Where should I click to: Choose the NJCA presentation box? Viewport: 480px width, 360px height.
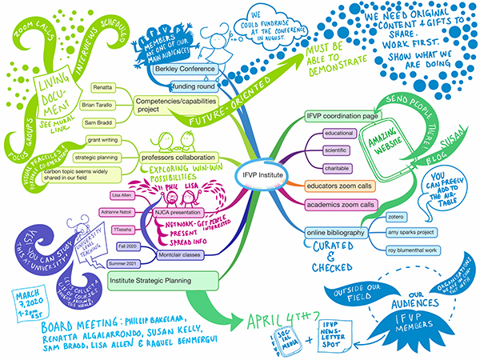(x=172, y=214)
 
